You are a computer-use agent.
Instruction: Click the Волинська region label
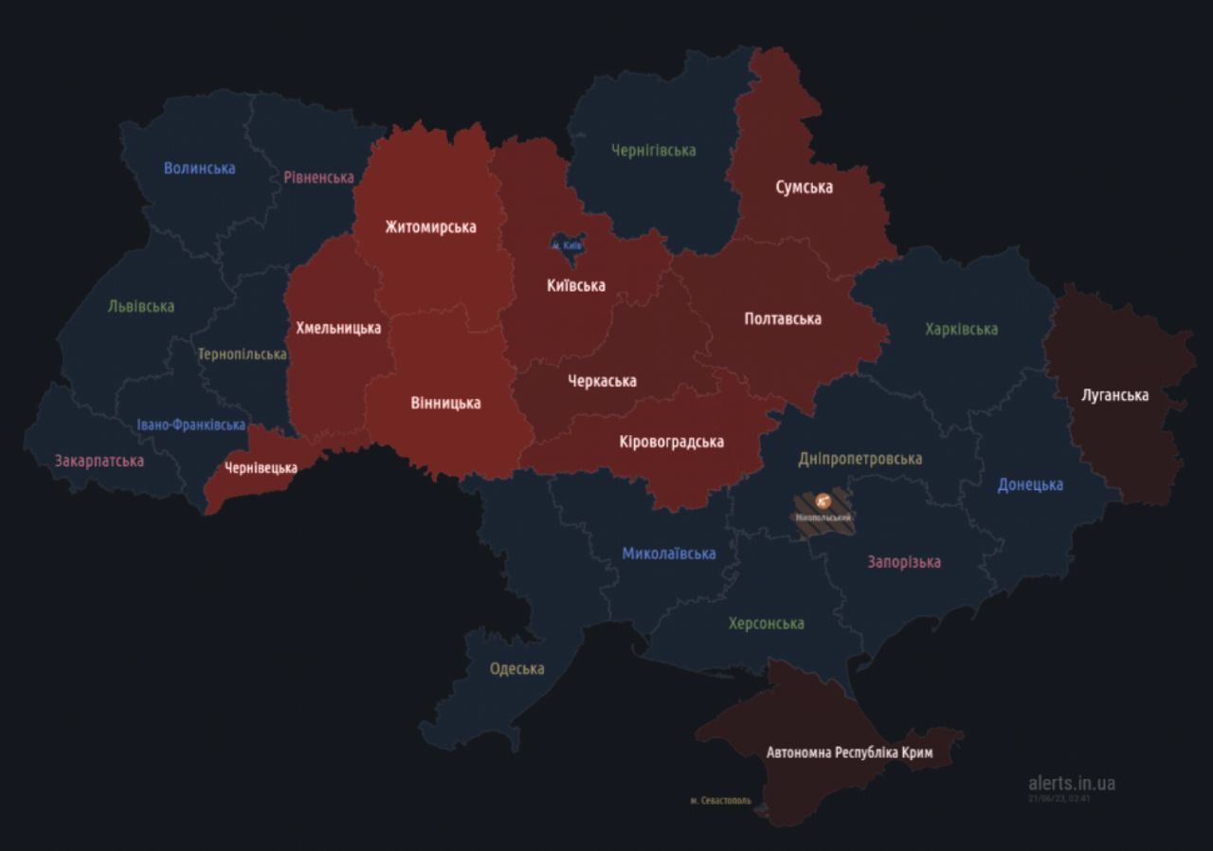point(199,169)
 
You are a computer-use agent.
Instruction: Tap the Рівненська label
point(318,177)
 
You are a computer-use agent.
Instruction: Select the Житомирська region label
point(430,227)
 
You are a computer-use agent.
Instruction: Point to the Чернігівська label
point(653,151)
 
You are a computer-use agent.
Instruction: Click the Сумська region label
point(804,188)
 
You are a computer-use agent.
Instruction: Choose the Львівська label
point(141,307)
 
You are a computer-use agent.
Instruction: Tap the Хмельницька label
point(338,328)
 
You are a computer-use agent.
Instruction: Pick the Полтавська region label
point(782,319)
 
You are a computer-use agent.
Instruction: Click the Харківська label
point(961,330)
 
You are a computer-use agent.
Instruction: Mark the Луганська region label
point(1114,395)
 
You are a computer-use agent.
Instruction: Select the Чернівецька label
point(261,468)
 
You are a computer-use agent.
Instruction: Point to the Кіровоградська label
point(671,442)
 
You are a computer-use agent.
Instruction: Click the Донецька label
point(1030,485)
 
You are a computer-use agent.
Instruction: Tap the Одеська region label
point(516,669)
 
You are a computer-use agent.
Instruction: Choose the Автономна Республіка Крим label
point(849,753)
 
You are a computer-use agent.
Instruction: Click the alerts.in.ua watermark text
point(1071,783)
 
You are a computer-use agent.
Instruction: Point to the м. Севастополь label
point(720,801)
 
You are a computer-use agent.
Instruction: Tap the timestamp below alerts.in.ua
point(1059,799)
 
